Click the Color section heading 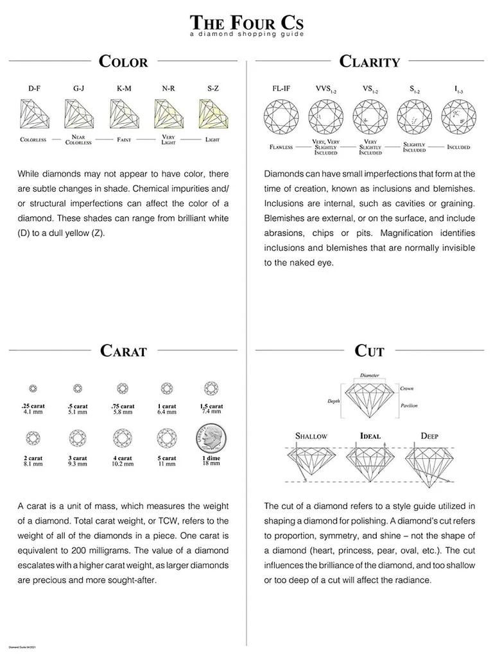[123, 62]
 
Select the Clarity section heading [370, 62]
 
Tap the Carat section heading [123, 351]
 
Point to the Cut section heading [370, 351]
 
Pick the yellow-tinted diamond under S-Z [213, 115]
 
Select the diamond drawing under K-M [124, 115]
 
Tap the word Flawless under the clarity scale [281, 147]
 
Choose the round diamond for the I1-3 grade [458, 117]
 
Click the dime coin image [211, 439]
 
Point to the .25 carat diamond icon [33, 388]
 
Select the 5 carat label [167, 458]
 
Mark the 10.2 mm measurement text [123, 464]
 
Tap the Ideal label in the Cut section [370, 436]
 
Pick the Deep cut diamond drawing [430, 462]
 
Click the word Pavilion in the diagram [409, 405]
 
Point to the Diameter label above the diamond [370, 375]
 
